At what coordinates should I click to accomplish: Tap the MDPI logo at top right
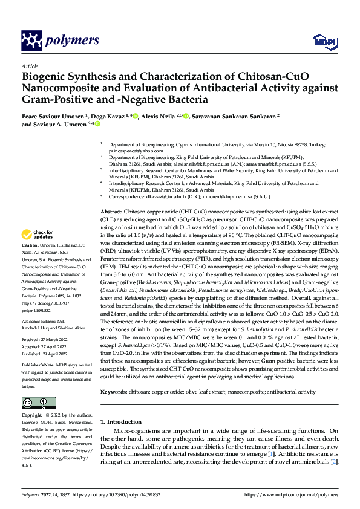tap(321, 41)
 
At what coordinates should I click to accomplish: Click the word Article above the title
tap(30, 66)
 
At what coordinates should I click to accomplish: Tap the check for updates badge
tap(37, 235)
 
